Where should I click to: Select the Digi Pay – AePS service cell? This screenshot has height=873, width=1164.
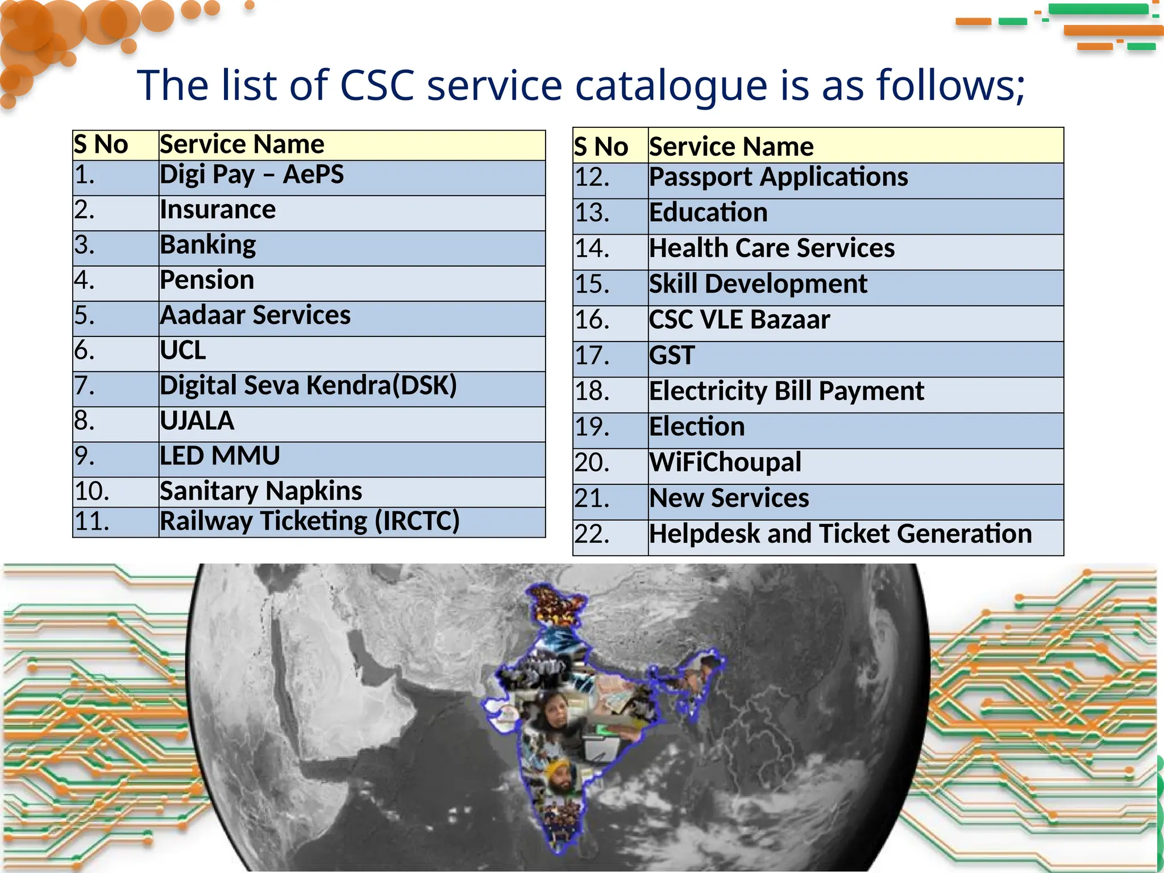tap(252, 174)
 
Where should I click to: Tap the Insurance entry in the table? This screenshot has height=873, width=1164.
tap(218, 210)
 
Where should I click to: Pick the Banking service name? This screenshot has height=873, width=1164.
tap(208, 245)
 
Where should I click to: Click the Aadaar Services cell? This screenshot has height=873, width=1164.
tap(255, 315)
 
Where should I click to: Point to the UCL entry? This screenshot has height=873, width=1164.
tap(183, 351)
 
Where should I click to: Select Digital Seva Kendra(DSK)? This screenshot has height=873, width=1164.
tap(308, 386)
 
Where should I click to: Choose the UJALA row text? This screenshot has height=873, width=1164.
tap(197, 421)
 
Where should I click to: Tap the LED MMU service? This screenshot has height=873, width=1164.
tap(220, 456)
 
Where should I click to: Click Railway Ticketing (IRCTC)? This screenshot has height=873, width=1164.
tap(310, 521)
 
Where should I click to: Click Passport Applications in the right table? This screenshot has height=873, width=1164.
tap(779, 177)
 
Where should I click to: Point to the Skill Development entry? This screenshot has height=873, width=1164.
tap(758, 284)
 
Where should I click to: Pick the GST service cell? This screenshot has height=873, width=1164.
tap(672, 356)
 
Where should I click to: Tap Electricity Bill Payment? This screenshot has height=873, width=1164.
tap(787, 392)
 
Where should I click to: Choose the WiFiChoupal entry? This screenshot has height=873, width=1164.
tap(725, 463)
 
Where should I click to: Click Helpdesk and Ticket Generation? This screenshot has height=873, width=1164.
tap(841, 534)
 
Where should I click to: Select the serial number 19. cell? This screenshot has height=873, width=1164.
tap(592, 427)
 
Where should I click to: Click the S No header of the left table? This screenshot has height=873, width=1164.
tap(101, 144)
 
